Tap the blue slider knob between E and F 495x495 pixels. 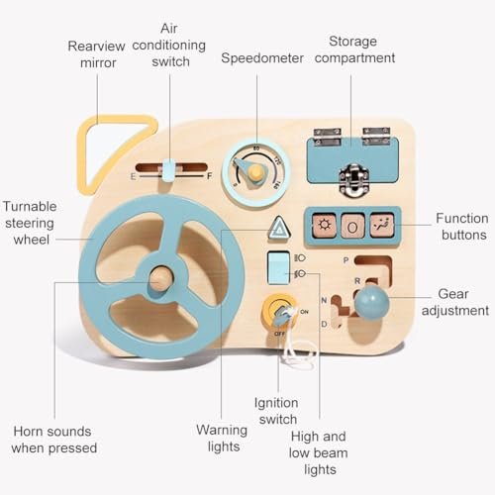[168, 170]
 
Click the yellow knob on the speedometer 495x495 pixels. [256, 172]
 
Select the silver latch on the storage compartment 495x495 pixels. [354, 179]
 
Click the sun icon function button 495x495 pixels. [324, 226]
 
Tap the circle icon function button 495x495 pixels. [352, 226]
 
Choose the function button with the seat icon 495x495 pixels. [382, 225]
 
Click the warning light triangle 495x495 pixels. [279, 228]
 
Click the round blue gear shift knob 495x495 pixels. [371, 303]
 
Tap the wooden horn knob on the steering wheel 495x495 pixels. [161, 279]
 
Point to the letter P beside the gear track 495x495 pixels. [346, 260]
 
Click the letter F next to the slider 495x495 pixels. [209, 176]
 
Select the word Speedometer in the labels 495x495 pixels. [262, 58]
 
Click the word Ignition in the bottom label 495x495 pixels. [276, 403]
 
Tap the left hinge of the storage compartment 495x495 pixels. [327, 137]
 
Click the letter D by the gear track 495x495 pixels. [324, 324]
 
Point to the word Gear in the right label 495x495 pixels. [453, 294]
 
